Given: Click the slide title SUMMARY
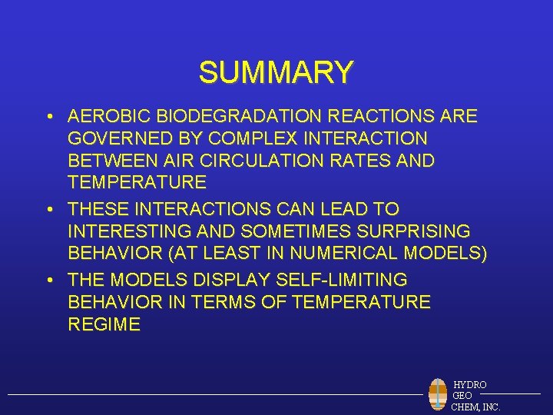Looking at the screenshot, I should (276, 73).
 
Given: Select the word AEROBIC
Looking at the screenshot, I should (108, 117).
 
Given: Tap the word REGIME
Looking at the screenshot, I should (104, 325).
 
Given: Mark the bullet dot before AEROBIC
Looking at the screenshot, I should (48, 118).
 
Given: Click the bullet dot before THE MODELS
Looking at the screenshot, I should (48, 281).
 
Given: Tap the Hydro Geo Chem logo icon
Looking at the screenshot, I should (438, 394).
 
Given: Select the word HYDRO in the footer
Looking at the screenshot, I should (469, 384).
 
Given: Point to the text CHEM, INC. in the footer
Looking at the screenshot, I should (476, 407).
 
